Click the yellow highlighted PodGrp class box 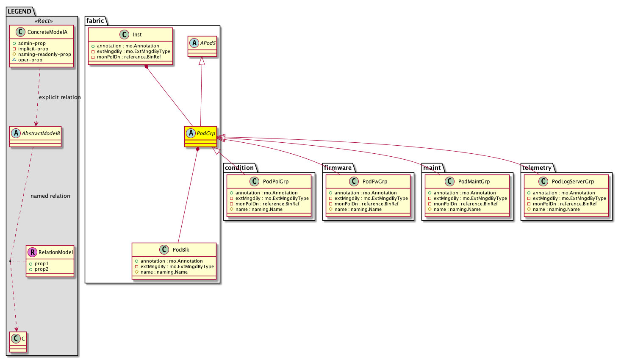pyautogui.click(x=200, y=137)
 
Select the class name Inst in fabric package pyautogui.click(x=137, y=35)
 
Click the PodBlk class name pyautogui.click(x=181, y=250)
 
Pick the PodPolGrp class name pyautogui.click(x=276, y=182)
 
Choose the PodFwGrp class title pyautogui.click(x=375, y=182)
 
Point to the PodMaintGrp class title pyautogui.click(x=474, y=182)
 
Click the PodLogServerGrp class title pyautogui.click(x=573, y=182)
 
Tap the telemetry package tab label pyautogui.click(x=537, y=168)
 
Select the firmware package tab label pyautogui.click(x=338, y=168)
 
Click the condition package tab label pyautogui.click(x=239, y=168)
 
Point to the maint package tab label pyautogui.click(x=432, y=168)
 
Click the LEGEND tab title pyautogui.click(x=19, y=11)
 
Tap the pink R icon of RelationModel pyautogui.click(x=33, y=252)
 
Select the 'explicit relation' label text pyautogui.click(x=60, y=97)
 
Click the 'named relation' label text pyautogui.click(x=50, y=196)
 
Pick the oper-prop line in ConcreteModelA pyautogui.click(x=28, y=60)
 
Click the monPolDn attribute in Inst pyautogui.click(x=126, y=57)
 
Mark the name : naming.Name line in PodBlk pyautogui.click(x=161, y=272)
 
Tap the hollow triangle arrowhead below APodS pyautogui.click(x=202, y=61)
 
